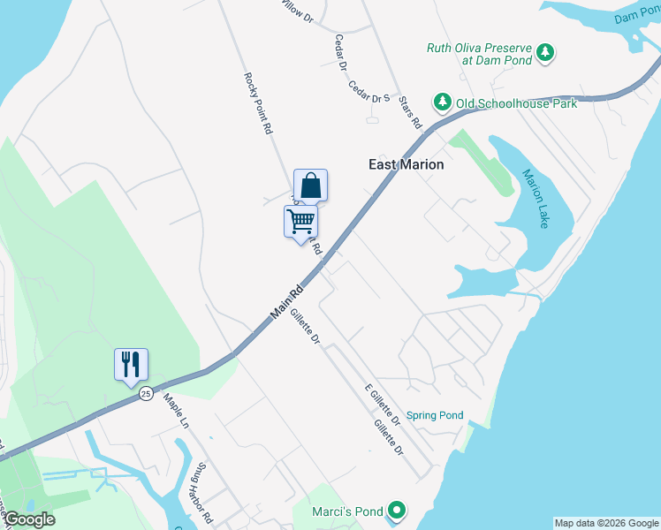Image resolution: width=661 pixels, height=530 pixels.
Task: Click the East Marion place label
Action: (x=406, y=164)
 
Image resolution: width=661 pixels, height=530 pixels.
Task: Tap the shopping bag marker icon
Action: (x=310, y=185)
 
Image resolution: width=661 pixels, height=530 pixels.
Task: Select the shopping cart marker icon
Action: (x=300, y=221)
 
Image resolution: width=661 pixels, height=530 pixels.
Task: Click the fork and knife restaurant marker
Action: (x=131, y=363)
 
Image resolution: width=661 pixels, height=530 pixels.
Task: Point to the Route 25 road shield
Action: (x=146, y=393)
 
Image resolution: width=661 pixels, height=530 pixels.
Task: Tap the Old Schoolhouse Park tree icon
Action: (x=441, y=103)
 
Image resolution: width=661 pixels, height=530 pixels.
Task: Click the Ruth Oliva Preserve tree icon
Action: (x=546, y=52)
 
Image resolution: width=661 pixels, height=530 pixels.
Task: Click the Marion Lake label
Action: (x=536, y=199)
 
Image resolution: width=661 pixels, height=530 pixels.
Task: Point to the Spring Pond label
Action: (x=435, y=415)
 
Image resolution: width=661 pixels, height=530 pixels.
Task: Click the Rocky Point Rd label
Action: (x=257, y=103)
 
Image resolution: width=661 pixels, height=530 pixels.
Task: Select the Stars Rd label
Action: (x=411, y=112)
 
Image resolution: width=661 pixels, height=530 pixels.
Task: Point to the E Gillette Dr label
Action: (x=384, y=405)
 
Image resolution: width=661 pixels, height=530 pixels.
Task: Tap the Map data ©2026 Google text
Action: (x=606, y=523)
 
